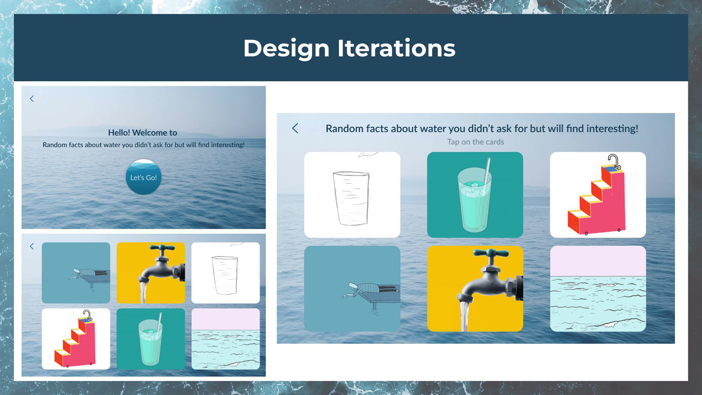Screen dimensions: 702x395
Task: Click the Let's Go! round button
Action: click(143, 177)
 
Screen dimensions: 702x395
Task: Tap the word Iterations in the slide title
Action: click(396, 48)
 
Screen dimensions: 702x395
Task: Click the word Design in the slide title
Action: click(286, 49)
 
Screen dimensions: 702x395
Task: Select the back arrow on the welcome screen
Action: click(32, 99)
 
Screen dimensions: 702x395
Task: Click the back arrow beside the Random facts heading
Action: click(295, 128)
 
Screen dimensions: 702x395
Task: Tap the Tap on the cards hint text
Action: click(475, 142)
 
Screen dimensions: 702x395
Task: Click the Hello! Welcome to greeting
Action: click(142, 133)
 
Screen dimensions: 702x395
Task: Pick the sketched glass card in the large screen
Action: click(352, 194)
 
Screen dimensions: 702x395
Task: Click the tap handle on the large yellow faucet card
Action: click(491, 253)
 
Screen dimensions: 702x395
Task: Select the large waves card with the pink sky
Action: click(598, 289)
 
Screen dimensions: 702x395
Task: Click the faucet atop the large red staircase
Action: click(614, 161)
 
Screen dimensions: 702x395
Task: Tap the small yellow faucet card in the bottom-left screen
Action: click(151, 273)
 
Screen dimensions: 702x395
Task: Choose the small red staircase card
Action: click(76, 339)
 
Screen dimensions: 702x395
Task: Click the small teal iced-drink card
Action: click(151, 339)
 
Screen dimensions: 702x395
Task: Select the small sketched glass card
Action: click(226, 273)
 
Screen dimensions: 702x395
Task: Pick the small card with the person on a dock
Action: click(76, 273)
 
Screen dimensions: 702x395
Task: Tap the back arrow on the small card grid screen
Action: click(32, 246)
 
